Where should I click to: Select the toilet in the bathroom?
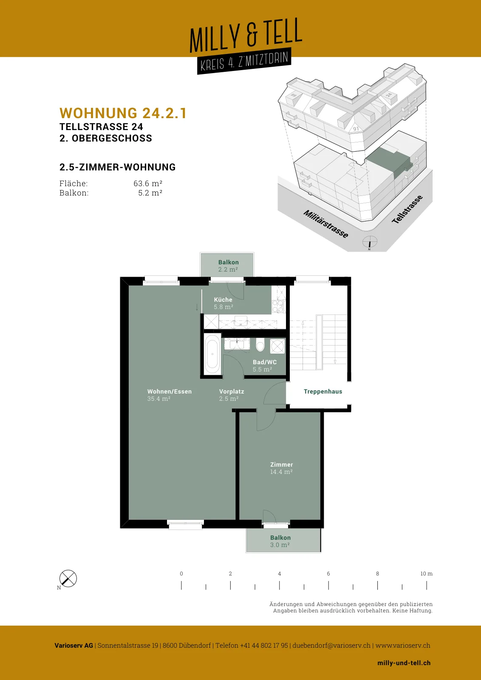260,346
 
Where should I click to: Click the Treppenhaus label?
323,391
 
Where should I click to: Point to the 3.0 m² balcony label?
280,541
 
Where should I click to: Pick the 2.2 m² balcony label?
228,266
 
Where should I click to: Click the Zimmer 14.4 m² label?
281,468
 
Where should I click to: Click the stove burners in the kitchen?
278,306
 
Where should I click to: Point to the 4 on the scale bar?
279,574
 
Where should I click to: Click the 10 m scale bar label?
426,574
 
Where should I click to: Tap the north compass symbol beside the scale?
68,578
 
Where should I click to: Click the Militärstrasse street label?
325,224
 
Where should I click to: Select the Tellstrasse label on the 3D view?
407,210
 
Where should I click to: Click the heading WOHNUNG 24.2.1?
123,113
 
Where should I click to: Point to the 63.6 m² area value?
148,183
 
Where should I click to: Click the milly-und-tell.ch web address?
404,663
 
